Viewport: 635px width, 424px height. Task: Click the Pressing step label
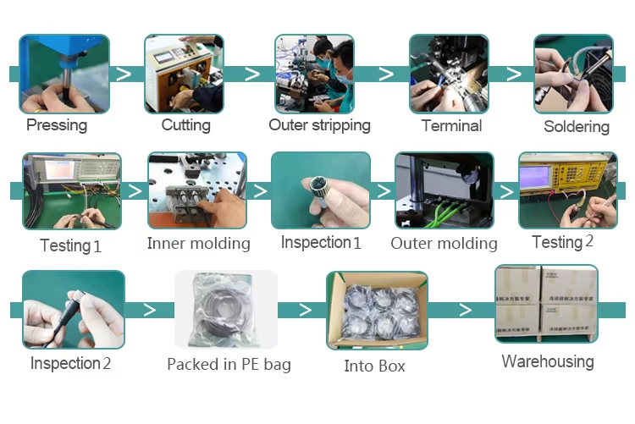57,125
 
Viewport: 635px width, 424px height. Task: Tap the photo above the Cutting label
184,74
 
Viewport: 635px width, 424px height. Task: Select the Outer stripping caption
319,125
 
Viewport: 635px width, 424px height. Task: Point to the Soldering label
576,127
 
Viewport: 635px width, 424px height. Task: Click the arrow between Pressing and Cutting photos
124,74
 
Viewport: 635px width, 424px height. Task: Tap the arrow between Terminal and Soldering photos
513,74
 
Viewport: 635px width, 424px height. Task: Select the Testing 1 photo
71,192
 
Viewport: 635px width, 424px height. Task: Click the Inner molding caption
198,244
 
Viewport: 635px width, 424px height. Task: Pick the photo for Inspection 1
320,190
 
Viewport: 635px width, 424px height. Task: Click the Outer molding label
444,244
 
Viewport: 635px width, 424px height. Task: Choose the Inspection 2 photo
73,310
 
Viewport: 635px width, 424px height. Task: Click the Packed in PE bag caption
229,365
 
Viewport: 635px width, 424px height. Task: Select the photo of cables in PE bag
226,310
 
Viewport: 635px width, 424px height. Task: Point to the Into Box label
374,366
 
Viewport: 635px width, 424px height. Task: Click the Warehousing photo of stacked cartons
546,304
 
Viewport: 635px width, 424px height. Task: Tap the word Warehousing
547,361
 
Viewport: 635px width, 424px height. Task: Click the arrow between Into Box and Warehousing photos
465,309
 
